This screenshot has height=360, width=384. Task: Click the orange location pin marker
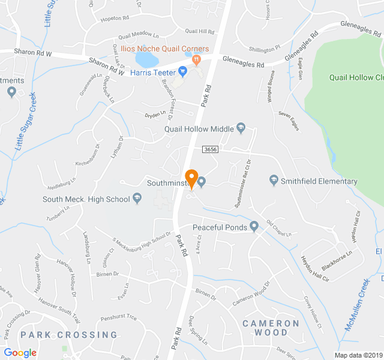coord(191,178)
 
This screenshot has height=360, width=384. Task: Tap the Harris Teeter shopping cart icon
coord(184,72)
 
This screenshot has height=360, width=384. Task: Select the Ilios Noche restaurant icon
coord(196,59)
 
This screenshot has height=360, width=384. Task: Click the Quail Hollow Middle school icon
coord(241,127)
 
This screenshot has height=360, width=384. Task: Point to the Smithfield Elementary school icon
coord(274,181)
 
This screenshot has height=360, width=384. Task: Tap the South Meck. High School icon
coord(137,199)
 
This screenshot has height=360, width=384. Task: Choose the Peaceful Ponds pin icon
coord(254,227)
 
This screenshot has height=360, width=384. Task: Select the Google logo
coord(20,353)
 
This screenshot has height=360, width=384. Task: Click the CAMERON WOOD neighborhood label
coord(271,328)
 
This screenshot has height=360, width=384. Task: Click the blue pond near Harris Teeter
coord(146,59)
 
